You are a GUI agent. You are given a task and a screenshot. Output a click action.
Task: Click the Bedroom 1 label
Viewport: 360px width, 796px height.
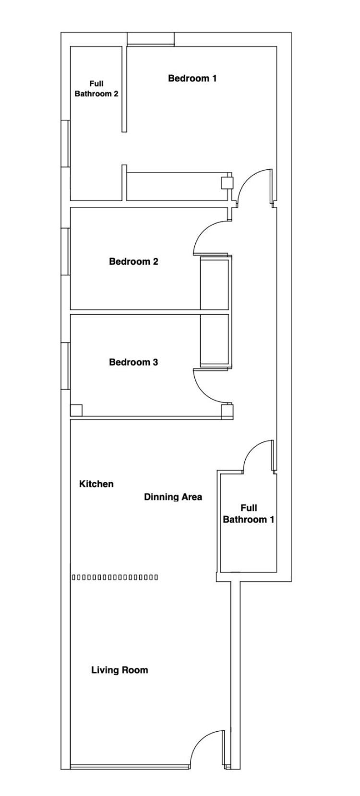coord(192,78)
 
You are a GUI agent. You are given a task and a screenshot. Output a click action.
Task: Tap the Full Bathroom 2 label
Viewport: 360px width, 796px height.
coord(96,89)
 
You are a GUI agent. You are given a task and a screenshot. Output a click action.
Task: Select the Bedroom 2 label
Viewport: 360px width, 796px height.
coord(133,261)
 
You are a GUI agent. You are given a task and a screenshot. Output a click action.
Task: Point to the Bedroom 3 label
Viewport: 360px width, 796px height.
coord(133,362)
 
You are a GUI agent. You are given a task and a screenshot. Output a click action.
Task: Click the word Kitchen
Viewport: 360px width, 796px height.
coord(96,484)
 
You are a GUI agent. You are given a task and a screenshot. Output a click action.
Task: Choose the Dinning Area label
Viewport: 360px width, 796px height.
coord(173,497)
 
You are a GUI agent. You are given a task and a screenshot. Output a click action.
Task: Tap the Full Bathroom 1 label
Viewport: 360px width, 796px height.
coord(249,513)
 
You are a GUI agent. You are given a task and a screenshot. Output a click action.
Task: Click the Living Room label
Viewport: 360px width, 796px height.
coord(120,670)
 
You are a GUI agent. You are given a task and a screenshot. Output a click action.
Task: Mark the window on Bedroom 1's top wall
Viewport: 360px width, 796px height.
coord(151,39)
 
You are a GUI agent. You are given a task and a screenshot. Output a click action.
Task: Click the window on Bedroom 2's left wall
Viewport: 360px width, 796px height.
coord(65,251)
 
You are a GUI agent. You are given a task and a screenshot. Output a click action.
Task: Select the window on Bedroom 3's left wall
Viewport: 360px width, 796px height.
coord(65,366)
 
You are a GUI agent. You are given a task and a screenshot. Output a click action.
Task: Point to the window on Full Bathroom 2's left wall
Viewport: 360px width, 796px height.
coord(65,143)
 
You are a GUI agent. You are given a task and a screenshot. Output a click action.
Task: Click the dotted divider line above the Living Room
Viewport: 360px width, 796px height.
coord(115,578)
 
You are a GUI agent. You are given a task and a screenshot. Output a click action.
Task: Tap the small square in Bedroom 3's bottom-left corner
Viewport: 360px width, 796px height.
coord(76,410)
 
